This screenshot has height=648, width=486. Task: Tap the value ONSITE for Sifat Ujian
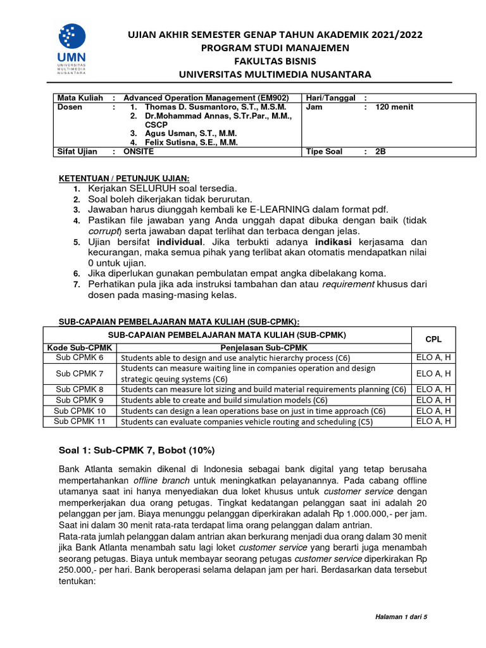139,152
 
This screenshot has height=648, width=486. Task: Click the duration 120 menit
394,108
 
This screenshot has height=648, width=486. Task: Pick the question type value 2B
380,152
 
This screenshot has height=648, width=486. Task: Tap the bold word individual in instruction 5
180,242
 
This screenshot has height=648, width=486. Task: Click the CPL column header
433,339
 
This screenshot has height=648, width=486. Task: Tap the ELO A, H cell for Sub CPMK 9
433,400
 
